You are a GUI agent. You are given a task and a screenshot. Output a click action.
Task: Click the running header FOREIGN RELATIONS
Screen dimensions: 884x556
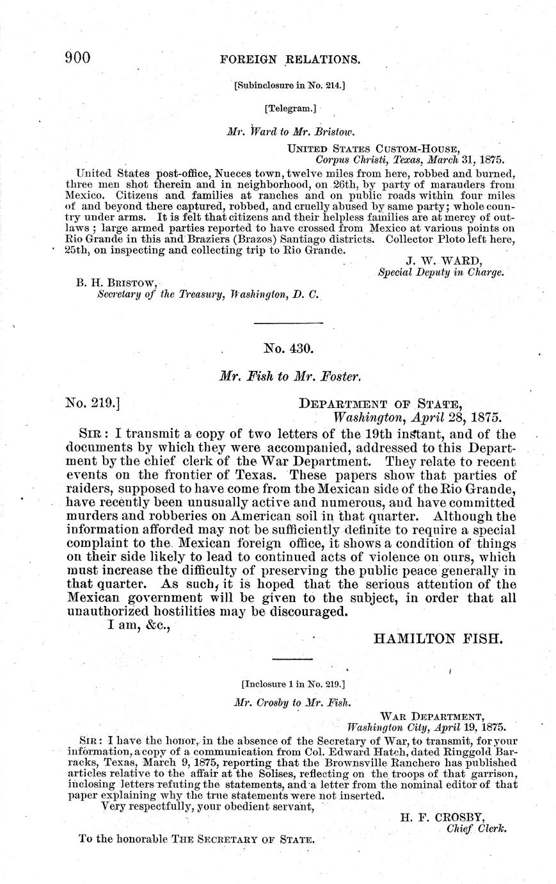pos(290,60)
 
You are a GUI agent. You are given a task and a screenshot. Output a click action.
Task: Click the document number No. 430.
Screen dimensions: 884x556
pos(289,348)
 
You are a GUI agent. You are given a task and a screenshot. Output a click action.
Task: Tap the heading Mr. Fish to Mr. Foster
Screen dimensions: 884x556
pos(290,377)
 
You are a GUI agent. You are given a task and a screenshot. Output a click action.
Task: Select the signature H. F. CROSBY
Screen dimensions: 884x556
pos(442,817)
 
